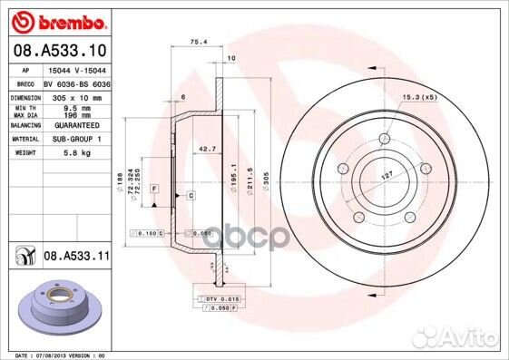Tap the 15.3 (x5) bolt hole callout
click(419, 97)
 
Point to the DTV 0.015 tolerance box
click(220, 298)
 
